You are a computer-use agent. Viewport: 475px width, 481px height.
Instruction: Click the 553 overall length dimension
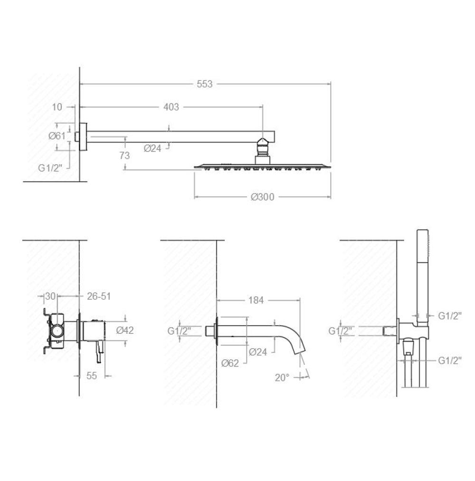(x=204, y=84)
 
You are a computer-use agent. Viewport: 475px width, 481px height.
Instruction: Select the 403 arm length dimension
(x=171, y=107)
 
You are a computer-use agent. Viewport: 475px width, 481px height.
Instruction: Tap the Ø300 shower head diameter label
(x=262, y=197)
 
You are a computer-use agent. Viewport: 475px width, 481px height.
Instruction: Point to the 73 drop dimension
(x=124, y=156)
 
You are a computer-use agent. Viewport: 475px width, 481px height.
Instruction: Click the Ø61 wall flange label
(x=57, y=136)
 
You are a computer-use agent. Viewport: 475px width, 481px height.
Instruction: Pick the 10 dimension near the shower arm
(x=57, y=107)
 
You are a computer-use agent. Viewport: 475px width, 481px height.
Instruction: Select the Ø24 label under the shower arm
(x=152, y=148)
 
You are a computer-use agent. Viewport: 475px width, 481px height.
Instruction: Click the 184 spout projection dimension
(x=256, y=300)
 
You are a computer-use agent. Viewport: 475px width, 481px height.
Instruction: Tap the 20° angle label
(x=282, y=377)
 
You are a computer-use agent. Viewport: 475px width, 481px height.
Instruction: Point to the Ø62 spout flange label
(x=230, y=363)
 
